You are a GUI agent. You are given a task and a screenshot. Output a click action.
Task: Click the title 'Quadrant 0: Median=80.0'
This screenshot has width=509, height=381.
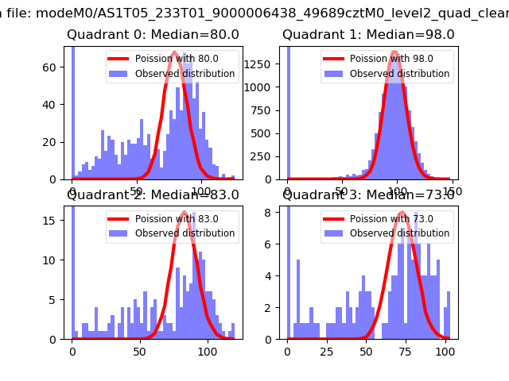pos(153,35)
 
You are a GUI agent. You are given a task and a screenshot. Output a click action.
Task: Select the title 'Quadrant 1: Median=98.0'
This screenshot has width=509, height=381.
pos(368,35)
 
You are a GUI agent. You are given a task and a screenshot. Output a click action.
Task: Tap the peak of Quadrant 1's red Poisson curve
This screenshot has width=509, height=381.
pos(394,53)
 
